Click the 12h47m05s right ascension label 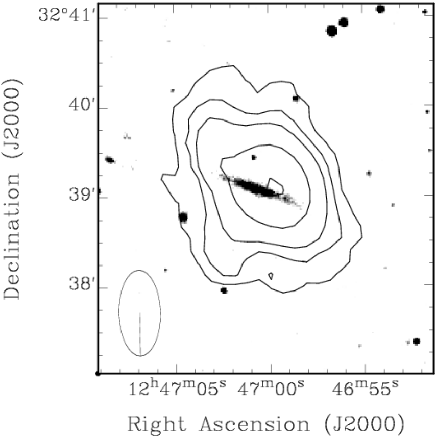click(177, 388)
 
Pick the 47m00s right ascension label click(271, 388)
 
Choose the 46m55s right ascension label click(365, 388)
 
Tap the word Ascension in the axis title click(255, 424)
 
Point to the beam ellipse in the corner click(119, 313)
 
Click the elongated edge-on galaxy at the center click(260, 191)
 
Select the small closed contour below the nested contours click(271, 276)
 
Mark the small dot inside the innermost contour click(254, 158)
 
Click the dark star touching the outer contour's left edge click(183, 217)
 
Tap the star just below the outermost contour click(224, 290)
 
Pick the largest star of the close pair click(332, 31)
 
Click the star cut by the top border click(380, 9)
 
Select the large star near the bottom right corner click(416, 341)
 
